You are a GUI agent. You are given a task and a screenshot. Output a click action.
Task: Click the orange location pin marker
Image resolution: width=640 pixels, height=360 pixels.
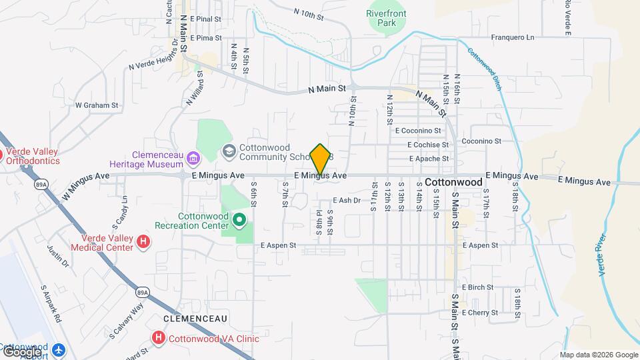(321, 160)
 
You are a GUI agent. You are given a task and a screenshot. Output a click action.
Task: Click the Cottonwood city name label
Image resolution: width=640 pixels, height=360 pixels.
(453, 182)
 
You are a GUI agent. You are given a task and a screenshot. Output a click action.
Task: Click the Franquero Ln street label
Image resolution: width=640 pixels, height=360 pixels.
(513, 38)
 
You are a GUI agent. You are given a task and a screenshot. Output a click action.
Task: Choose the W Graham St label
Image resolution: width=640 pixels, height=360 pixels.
(97, 105)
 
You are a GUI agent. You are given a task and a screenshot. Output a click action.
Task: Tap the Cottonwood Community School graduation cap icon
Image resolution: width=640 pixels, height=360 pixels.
(229, 151)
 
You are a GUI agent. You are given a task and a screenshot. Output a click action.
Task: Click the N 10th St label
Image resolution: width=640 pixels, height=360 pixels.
(309, 13)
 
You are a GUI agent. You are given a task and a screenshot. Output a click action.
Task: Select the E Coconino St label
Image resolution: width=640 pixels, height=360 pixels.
(418, 131)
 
